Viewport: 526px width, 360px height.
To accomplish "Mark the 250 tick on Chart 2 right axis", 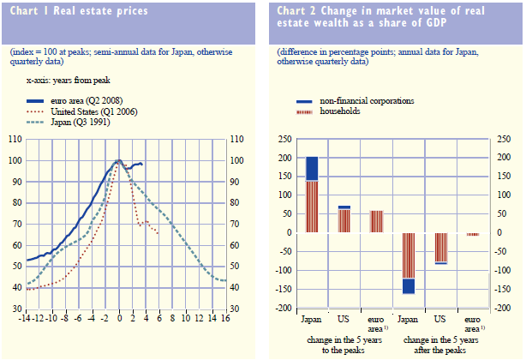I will pyautogui.click(x=503, y=139).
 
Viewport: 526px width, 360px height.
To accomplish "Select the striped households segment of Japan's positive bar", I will pyautogui.click(x=313, y=207).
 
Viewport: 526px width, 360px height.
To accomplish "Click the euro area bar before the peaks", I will pyautogui.click(x=377, y=221).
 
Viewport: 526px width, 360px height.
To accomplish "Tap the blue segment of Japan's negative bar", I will pyautogui.click(x=409, y=285).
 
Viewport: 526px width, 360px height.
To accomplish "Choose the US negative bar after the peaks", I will pyautogui.click(x=440, y=248).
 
